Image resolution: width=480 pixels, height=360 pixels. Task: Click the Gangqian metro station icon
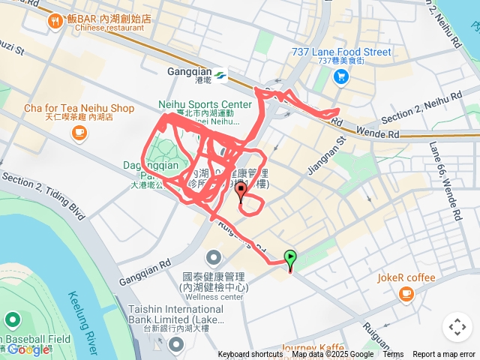(x=220, y=75)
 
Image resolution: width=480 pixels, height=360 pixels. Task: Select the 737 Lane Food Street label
(x=341, y=52)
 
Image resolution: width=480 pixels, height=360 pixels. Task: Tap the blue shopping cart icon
(x=341, y=76)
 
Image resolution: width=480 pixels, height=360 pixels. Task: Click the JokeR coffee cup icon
(x=406, y=294)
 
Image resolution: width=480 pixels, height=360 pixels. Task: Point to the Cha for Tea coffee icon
(x=79, y=133)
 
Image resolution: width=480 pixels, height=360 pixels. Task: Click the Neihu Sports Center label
(x=205, y=104)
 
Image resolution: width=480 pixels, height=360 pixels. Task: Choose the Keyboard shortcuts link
(x=250, y=355)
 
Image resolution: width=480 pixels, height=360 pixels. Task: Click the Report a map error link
(x=444, y=355)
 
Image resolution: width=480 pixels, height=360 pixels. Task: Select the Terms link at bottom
(x=393, y=355)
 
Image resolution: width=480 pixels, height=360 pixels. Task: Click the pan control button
(x=457, y=327)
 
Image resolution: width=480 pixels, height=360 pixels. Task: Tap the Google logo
(x=28, y=349)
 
